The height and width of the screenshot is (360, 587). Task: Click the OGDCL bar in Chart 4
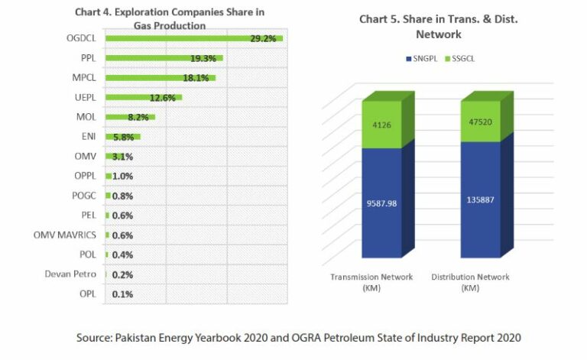191,38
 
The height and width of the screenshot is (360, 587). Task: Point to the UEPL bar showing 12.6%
143,97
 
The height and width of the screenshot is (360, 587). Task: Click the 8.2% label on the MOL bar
138,118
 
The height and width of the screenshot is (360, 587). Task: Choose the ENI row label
88,137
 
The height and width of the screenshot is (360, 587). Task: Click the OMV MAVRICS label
65,235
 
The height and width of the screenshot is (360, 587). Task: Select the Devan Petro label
71,274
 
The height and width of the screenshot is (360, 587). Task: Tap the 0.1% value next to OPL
123,294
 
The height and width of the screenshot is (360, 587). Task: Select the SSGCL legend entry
457,59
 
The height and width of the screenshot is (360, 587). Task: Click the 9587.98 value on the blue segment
381,203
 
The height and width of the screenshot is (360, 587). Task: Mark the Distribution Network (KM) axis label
470,282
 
